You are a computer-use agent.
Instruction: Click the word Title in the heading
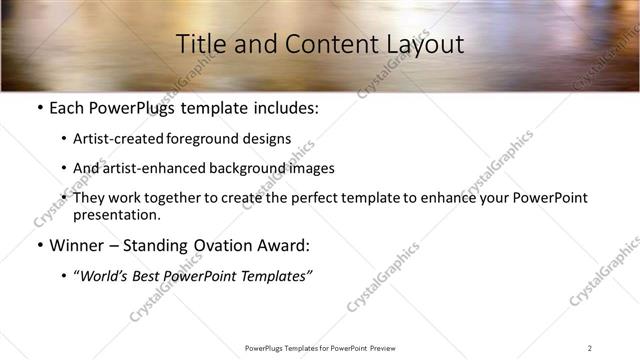[x=200, y=44]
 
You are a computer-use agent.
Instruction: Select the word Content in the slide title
[x=321, y=44]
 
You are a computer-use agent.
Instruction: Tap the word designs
[x=270, y=139]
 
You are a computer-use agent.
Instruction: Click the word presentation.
[x=116, y=214]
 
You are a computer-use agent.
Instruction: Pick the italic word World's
[x=103, y=276]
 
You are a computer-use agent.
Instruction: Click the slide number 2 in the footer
[x=589, y=348]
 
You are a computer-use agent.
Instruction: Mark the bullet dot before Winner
[x=39, y=245]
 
